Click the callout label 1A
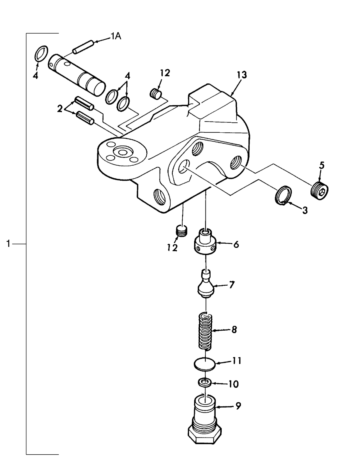coord(116,37)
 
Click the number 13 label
coord(242,75)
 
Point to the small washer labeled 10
coord(205,383)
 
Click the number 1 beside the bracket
coord(9,244)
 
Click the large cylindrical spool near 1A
coord(76,74)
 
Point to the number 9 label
coord(238,406)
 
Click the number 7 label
coord(231,285)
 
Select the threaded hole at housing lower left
coord(159,197)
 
